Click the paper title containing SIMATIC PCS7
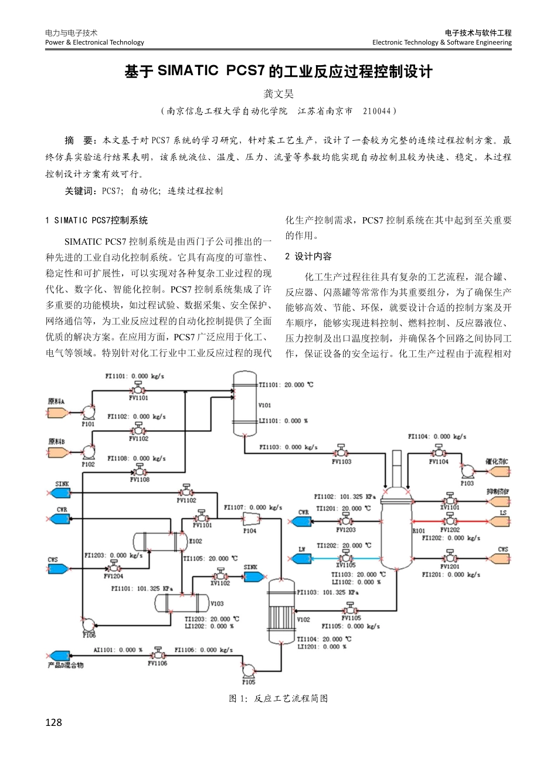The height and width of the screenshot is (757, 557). click(x=278, y=72)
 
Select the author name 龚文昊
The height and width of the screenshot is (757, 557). click(x=278, y=93)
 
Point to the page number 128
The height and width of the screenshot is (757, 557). click(x=53, y=722)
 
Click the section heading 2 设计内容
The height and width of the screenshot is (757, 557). click(x=308, y=256)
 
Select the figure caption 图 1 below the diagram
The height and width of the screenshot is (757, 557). click(x=278, y=698)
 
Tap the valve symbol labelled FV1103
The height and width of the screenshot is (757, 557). click(x=341, y=452)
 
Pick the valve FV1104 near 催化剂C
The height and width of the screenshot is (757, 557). click(x=438, y=451)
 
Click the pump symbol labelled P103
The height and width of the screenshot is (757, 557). click(x=467, y=471)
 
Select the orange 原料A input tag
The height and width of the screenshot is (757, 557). click(x=57, y=413)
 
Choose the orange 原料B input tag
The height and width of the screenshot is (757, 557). click(x=57, y=452)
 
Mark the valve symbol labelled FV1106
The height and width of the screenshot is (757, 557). click(x=157, y=654)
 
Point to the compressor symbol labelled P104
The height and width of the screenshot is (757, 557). click(x=250, y=519)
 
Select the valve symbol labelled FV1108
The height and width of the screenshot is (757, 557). click(x=140, y=471)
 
